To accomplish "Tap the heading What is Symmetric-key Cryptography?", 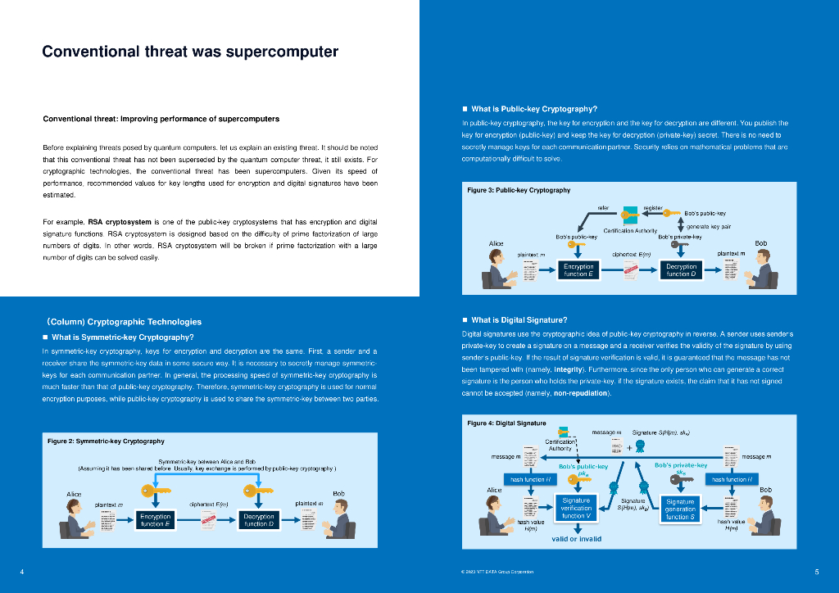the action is point(123,337).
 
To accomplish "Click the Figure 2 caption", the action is point(106,441).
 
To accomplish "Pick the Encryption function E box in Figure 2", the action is point(155,520).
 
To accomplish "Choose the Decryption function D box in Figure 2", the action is point(258,520).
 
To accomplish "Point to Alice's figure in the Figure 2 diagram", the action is point(75,516).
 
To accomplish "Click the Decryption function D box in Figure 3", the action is point(681,270).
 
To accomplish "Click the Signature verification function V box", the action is point(576,508).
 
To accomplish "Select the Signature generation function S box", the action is point(680,509).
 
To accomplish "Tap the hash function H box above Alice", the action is point(528,479).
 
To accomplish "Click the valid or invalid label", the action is point(576,539).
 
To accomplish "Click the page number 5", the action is point(817,571).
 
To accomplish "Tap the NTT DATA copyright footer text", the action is point(498,572).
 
